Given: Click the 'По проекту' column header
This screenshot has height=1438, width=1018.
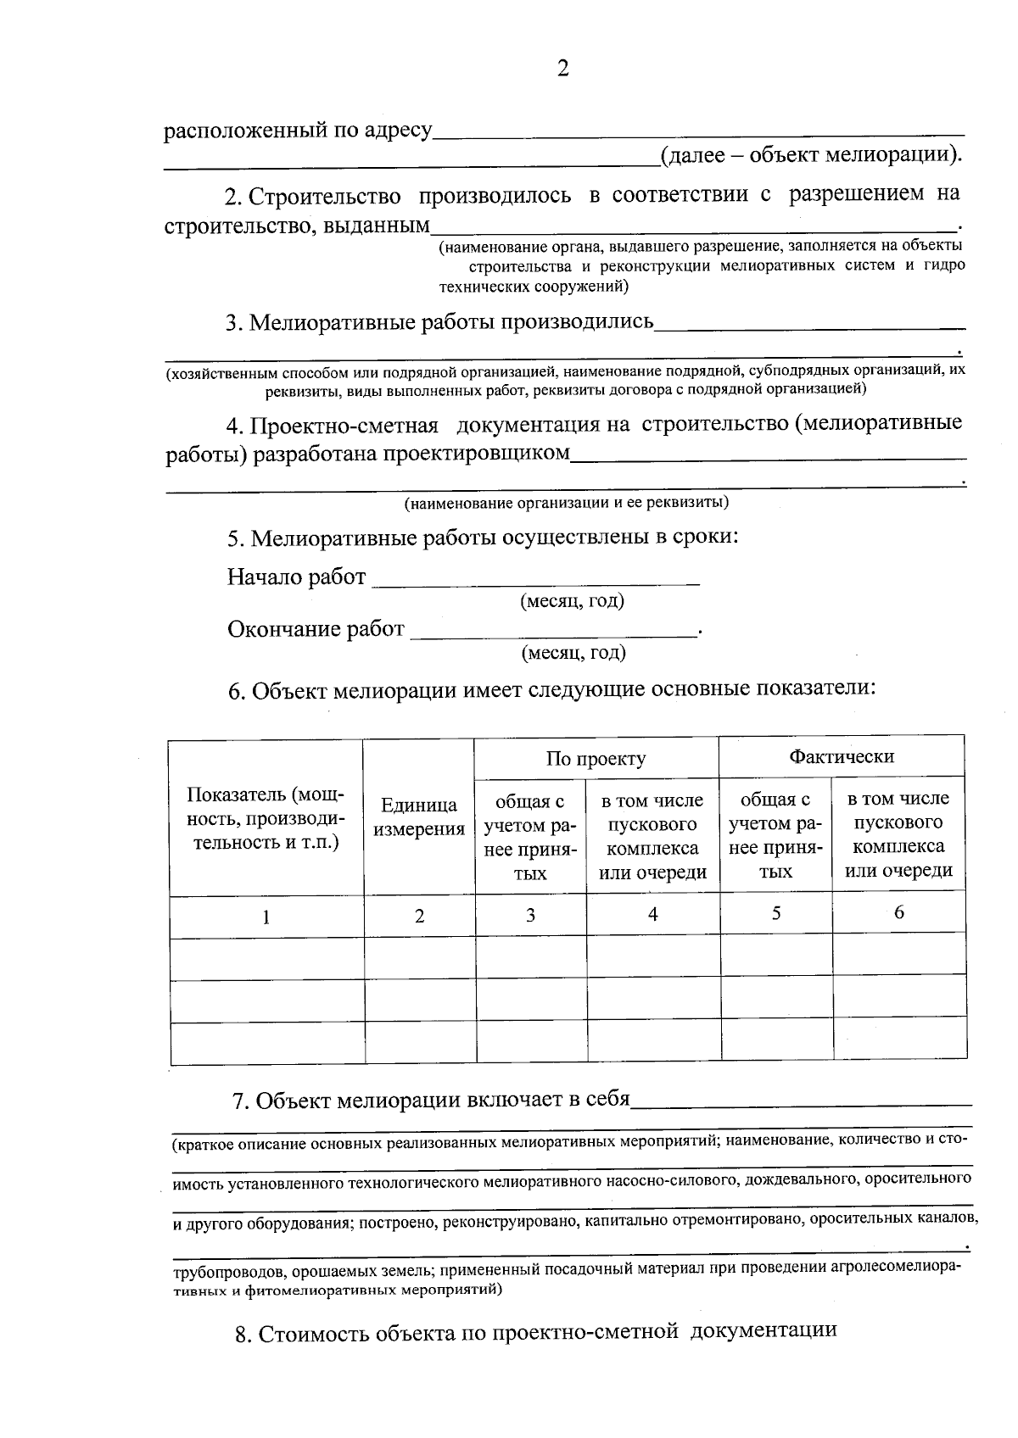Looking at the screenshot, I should [x=596, y=758].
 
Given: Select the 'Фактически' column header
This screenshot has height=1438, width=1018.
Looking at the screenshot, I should [x=842, y=756].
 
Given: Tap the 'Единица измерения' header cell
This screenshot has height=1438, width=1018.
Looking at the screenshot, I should [x=419, y=817].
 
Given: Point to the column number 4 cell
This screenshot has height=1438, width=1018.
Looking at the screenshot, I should [x=652, y=914].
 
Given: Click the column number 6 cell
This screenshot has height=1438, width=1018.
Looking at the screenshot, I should [x=899, y=912].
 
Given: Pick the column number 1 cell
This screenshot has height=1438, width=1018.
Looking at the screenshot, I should [x=266, y=917].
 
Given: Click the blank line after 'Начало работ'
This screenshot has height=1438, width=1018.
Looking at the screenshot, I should [x=536, y=579].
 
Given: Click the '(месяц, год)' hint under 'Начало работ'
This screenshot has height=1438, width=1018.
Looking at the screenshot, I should [x=572, y=601].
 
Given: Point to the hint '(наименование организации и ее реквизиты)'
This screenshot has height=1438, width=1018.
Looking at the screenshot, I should [x=566, y=503].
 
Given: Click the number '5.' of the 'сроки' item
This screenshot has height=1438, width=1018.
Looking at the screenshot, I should [x=236, y=539].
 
